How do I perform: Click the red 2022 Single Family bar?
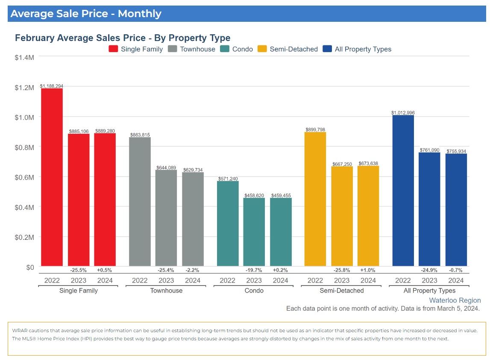coord(52,177)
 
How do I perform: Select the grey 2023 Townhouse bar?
coord(166,218)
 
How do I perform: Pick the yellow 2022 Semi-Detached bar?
coord(315,199)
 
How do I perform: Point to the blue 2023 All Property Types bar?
coord(429,209)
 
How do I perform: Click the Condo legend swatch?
coord(225,49)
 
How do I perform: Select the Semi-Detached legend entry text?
coord(293,49)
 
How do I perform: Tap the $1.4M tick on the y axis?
coord(25,56)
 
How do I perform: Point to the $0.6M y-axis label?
coord(25,177)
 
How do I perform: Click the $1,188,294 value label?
coord(52,86)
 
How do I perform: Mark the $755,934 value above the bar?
coord(456,151)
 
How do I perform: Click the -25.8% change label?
coord(342,270)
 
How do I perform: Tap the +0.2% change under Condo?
coord(281,270)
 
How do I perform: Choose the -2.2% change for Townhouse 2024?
coord(193,270)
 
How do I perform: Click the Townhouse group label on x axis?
coord(166,291)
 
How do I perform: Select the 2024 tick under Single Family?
coord(105,280)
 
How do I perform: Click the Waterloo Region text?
coord(455,301)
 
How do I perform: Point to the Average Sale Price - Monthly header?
coord(86,14)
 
